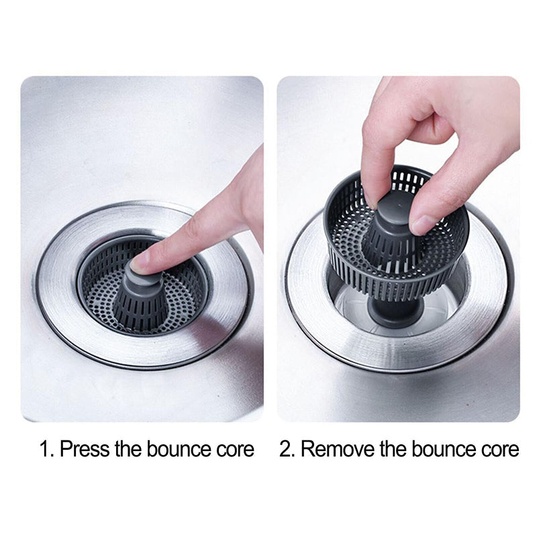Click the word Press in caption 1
tap(85, 449)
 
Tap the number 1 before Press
tap(44, 449)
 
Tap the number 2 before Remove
tap(286, 449)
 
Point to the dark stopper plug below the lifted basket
tap(396, 312)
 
